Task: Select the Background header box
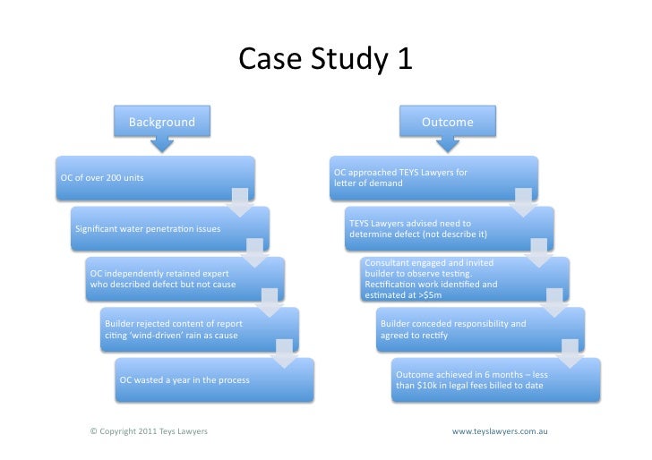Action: [161, 122]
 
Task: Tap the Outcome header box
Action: [447, 122]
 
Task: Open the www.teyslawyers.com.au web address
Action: [500, 431]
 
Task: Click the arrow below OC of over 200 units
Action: [240, 204]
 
